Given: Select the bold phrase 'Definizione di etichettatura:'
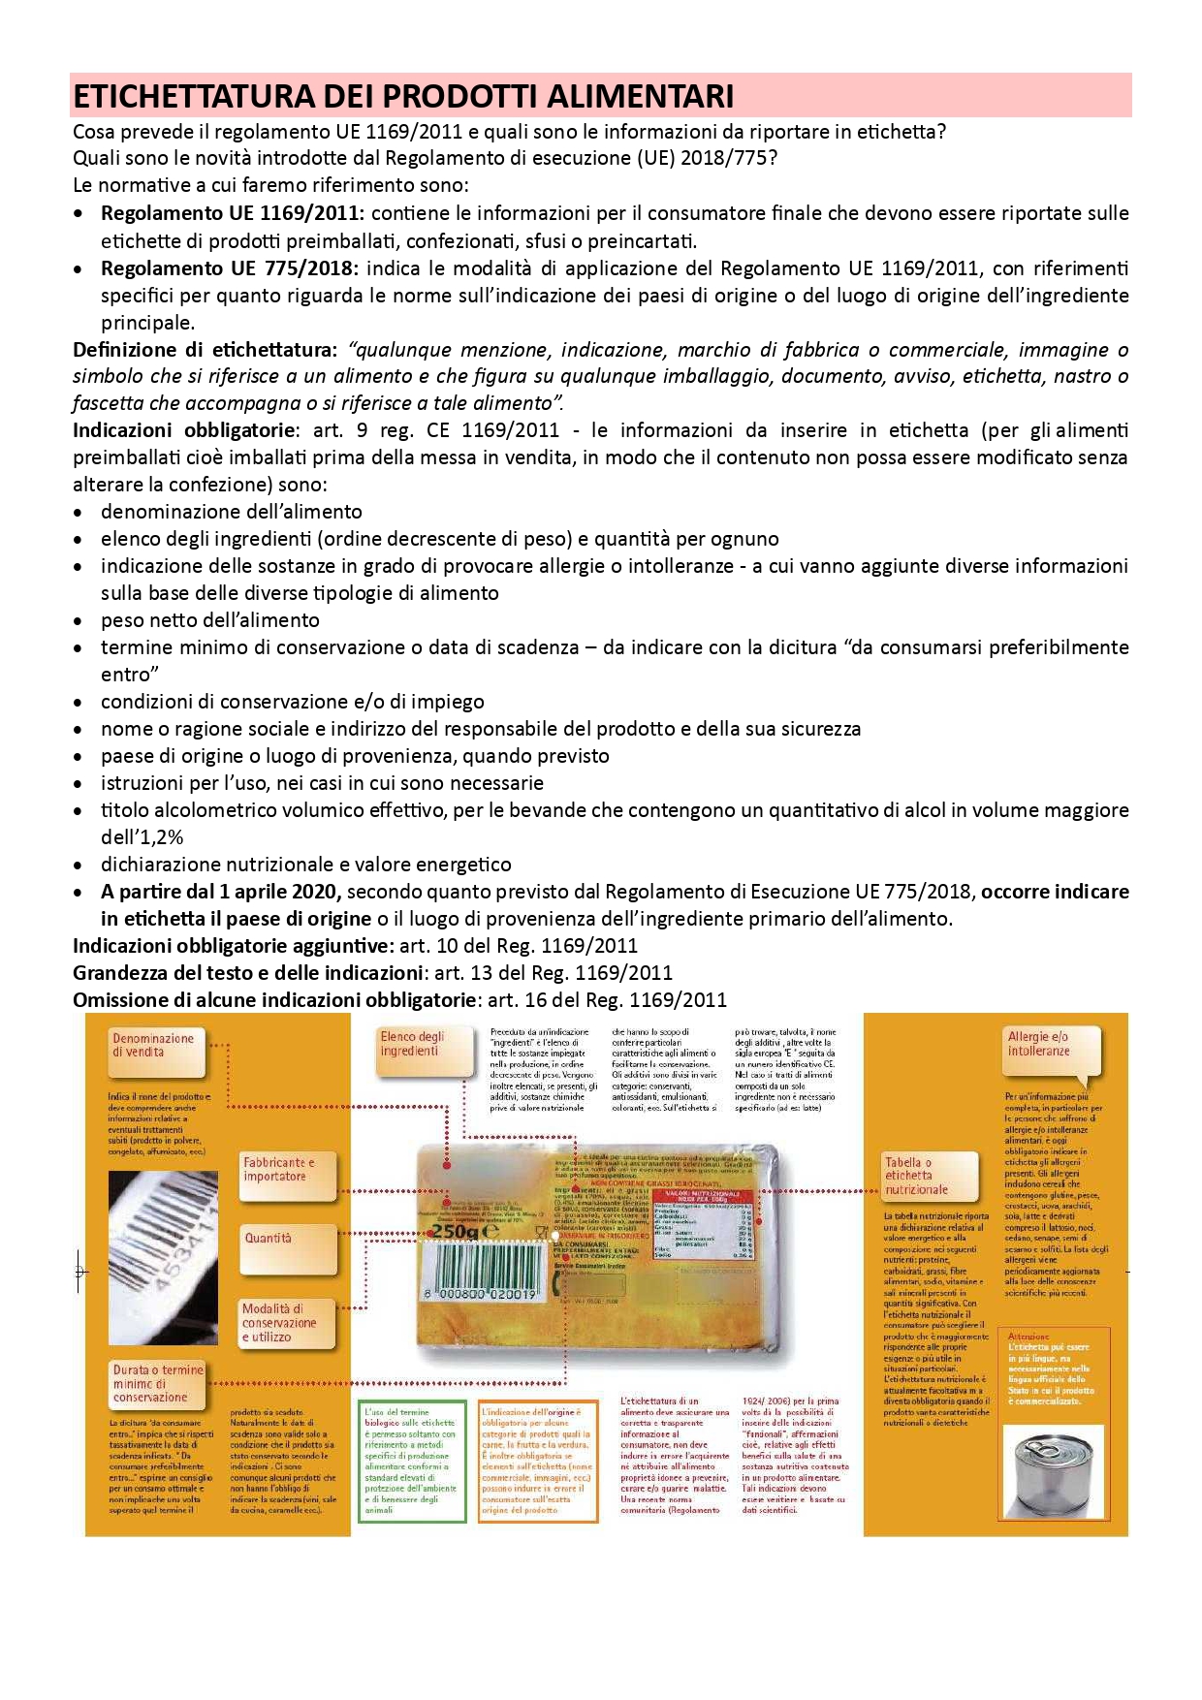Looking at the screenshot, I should coord(205,350).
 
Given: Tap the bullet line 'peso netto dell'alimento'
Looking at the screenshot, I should coord(210,620).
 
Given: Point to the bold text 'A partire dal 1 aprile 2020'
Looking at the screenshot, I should coord(222,892).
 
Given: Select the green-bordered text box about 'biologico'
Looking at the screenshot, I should coord(411,1461).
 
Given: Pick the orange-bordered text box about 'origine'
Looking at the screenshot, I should coord(537,1461).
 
